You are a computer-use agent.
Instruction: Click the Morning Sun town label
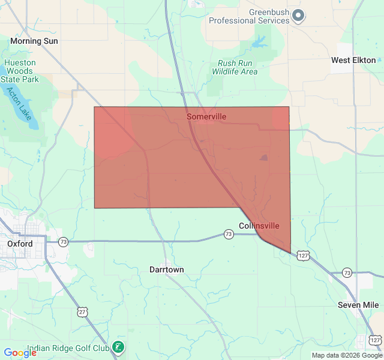(x=34, y=41)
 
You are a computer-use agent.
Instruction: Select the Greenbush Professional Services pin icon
(x=298, y=16)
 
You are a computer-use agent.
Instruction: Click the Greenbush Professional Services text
(x=249, y=16)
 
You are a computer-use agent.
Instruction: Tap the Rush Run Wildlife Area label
(x=235, y=67)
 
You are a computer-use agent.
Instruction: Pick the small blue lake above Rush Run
(x=259, y=43)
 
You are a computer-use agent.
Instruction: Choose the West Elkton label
(x=353, y=60)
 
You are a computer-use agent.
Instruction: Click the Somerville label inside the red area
(x=206, y=116)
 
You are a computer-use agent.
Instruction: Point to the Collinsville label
(x=259, y=226)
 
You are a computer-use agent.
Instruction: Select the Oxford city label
(x=20, y=244)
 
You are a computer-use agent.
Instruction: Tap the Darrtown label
(x=166, y=270)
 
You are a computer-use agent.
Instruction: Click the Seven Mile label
(x=358, y=305)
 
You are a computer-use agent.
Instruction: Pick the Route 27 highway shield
(x=82, y=311)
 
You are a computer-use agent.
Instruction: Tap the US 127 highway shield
(x=304, y=255)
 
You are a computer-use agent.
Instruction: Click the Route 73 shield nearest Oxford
(x=63, y=242)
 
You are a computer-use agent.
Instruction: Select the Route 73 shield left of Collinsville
(x=229, y=234)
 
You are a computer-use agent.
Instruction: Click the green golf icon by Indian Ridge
(x=119, y=347)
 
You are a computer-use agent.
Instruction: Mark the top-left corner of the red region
(x=94, y=107)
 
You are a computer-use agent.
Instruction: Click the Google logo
(x=20, y=353)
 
